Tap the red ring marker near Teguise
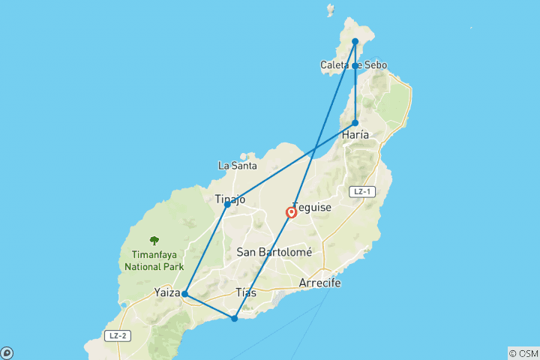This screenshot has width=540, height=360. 291,213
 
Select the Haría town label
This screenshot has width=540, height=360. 355,135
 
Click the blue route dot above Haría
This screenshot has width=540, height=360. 355,123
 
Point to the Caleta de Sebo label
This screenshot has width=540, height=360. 354,66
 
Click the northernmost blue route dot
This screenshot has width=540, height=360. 355,42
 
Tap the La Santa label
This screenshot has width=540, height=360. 238,165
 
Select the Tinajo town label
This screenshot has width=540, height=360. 230,199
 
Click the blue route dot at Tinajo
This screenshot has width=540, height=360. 227,204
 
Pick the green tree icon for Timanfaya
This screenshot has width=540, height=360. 154,241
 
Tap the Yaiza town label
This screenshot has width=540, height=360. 166,292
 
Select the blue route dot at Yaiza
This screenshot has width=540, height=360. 184,294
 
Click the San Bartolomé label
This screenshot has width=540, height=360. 274,253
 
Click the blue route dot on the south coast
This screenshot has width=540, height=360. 234,319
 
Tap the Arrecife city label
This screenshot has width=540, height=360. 319,283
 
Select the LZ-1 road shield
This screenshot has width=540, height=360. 361,192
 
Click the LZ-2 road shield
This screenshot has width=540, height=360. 115,335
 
